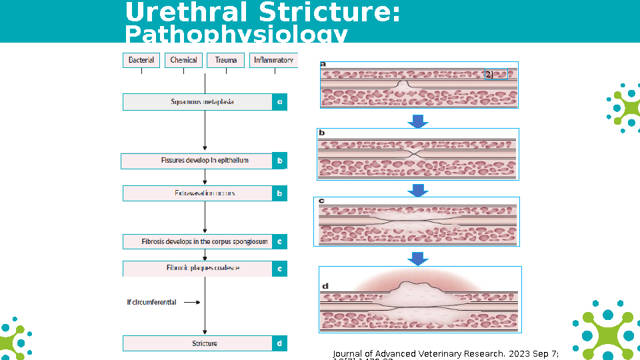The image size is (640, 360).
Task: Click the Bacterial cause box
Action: (141, 60)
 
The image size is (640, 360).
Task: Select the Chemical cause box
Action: (183, 60)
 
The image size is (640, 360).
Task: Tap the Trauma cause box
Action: (226, 60)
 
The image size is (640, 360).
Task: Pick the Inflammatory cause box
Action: (273, 60)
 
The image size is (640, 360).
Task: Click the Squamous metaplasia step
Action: (197, 102)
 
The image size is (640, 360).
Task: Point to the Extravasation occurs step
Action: (197, 193)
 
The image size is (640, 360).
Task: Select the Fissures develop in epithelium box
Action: (196, 161)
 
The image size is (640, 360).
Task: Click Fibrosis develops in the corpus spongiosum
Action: (197, 241)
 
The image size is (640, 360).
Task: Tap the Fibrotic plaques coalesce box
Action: (197, 268)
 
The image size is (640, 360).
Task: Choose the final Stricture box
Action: (197, 343)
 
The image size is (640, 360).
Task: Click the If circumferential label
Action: (151, 302)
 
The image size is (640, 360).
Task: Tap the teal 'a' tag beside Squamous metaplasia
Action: (280, 102)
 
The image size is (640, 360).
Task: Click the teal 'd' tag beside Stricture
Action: (280, 343)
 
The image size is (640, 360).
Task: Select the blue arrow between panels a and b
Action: (418, 121)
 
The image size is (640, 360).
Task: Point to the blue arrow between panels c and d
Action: (418, 258)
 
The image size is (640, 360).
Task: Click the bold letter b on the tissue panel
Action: (322, 133)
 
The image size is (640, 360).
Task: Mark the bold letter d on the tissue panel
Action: (325, 286)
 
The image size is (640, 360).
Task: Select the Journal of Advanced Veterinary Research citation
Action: (445, 354)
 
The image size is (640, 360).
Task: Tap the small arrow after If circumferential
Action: (191, 302)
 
